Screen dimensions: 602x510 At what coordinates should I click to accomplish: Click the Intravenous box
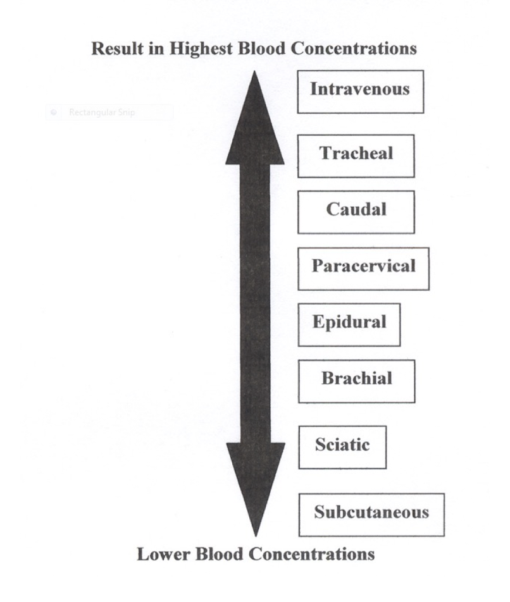(360, 92)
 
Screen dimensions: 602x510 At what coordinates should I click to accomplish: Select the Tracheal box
(356, 156)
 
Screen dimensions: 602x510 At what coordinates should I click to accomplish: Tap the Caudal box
(356, 212)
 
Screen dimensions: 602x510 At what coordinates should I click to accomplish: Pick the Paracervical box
(363, 268)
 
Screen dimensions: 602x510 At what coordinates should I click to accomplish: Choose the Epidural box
(349, 324)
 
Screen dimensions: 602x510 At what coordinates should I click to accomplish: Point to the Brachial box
(356, 381)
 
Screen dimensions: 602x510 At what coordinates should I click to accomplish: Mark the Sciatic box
(342, 447)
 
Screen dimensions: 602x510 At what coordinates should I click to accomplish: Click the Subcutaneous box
(371, 514)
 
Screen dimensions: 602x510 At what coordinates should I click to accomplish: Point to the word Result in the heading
(119, 49)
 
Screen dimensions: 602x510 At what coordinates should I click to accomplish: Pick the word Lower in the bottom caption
(162, 555)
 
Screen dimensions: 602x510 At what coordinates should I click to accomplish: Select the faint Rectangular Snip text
(102, 113)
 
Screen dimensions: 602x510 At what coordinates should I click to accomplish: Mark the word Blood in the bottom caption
(218, 555)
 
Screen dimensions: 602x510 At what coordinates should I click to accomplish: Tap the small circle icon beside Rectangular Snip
(54, 113)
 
